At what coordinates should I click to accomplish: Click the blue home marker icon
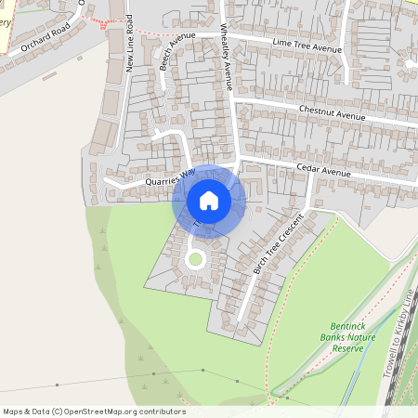pos(209,201)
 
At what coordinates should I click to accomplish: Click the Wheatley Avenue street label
pos(227,57)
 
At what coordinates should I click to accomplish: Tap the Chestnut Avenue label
pos(333,112)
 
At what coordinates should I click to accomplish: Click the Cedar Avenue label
pos(323,173)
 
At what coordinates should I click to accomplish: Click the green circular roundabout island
pos(195,259)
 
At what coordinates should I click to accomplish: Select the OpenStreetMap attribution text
pos(94,411)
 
